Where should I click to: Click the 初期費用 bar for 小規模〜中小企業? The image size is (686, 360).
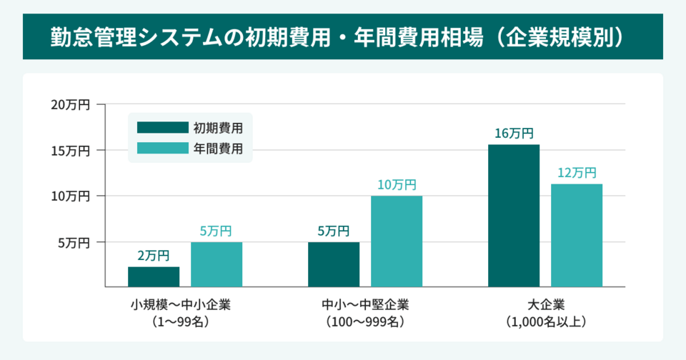tap(154, 276)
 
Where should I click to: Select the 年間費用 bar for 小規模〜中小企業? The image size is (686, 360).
tap(217, 264)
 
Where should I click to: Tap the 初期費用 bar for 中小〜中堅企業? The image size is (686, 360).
tap(334, 264)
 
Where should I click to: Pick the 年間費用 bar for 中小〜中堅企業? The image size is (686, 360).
tap(397, 241)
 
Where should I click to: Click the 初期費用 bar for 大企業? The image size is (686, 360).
tap(514, 215)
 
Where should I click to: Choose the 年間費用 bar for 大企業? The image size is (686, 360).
tap(577, 235)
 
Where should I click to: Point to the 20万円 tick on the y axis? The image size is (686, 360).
tap(70, 105)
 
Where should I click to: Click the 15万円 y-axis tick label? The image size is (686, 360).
tap(70, 151)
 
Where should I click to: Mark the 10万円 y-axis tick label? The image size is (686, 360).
tap(70, 196)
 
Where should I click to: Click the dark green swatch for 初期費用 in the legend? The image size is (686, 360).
tap(162, 128)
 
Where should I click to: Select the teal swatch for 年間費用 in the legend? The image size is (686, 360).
tap(162, 149)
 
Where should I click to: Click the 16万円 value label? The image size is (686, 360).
tap(514, 133)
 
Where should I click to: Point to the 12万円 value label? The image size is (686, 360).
tap(577, 173)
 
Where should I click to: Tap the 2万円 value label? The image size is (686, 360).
tap(154, 256)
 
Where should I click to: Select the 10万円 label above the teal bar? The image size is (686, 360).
tap(397, 184)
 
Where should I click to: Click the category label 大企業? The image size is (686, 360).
tap(545, 305)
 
